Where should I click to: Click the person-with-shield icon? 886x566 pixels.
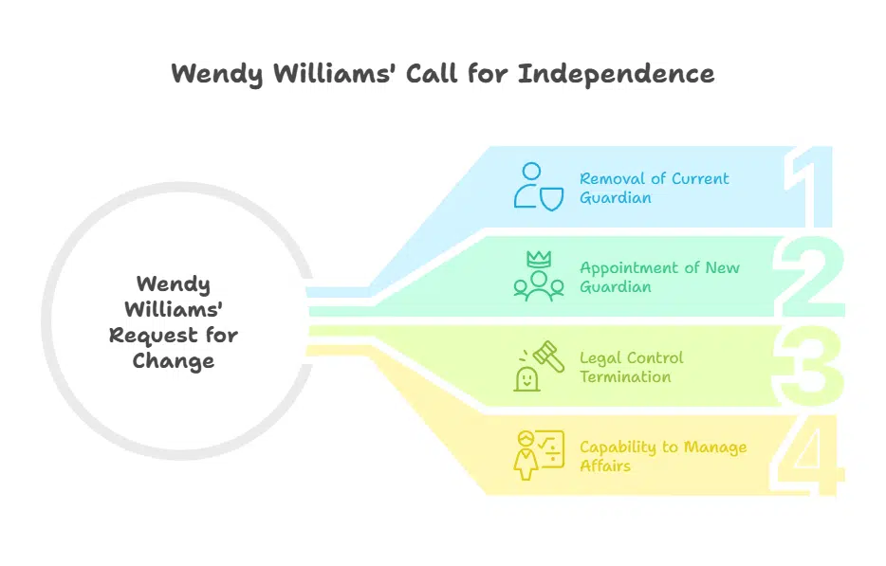534,186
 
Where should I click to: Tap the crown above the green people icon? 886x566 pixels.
538,259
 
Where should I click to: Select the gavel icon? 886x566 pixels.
547,356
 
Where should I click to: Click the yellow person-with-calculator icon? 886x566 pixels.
533,455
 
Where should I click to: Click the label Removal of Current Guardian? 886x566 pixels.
655,188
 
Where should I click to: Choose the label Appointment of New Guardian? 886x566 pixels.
659,277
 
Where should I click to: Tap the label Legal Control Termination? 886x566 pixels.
632,367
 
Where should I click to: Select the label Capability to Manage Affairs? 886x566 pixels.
663,456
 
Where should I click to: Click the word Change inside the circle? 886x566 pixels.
174,360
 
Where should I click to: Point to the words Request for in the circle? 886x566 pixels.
174,335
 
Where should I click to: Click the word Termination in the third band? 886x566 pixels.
626,376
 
